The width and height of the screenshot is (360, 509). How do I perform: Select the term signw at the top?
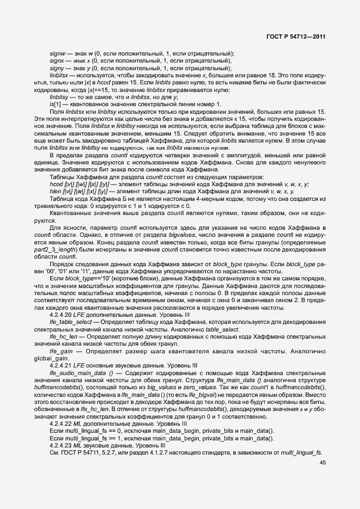(x=58, y=53)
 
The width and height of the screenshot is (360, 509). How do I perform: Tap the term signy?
(x=57, y=68)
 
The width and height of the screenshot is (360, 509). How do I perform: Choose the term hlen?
(x=55, y=192)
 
